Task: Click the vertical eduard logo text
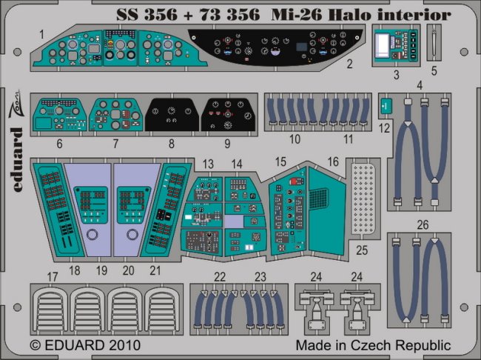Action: (x=16, y=160)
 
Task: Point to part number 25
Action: (x=362, y=250)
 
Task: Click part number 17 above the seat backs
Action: (x=53, y=277)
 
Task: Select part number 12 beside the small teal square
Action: (x=384, y=128)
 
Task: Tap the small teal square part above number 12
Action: (x=386, y=106)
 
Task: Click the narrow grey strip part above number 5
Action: (x=434, y=43)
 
